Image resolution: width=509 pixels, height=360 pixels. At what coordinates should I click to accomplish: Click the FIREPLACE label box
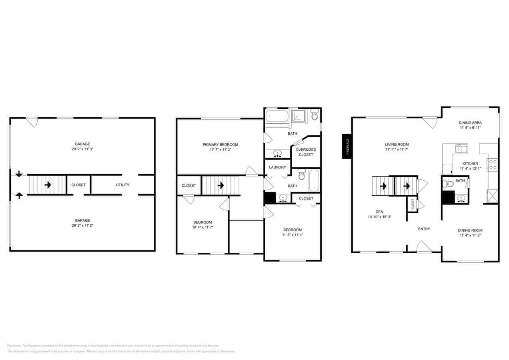point(347,146)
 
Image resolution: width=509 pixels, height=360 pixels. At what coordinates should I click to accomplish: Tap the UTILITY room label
point(122,185)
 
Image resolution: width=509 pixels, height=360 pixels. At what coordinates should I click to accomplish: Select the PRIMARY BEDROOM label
point(220,144)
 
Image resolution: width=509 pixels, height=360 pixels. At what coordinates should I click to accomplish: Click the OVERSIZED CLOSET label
point(306,152)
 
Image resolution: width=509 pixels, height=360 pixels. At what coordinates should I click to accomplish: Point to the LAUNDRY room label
point(277,167)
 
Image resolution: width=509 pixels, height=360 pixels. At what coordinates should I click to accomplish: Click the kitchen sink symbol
point(461,149)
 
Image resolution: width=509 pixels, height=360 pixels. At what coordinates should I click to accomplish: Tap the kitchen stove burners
point(493,165)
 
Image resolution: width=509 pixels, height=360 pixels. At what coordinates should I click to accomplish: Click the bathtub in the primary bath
point(277,116)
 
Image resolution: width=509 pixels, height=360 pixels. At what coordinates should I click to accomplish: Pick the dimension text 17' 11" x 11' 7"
point(397,150)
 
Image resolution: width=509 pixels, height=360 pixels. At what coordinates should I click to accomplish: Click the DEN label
point(379,212)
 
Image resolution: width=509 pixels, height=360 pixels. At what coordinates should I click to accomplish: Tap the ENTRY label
point(424,229)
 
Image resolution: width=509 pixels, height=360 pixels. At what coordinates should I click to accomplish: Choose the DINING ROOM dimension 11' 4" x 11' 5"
point(470,236)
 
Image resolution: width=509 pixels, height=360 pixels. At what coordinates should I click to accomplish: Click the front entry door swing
point(423,247)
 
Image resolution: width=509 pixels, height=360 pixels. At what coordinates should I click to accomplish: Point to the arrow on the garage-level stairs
point(48,185)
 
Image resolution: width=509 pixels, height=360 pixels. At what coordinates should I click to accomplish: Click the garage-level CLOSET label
point(78,185)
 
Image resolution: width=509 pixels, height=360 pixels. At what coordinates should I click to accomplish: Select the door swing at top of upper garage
point(32,122)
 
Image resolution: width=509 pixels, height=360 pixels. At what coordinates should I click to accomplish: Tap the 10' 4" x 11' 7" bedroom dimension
point(202,227)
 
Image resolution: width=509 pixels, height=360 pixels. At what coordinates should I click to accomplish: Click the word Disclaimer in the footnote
point(14,346)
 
